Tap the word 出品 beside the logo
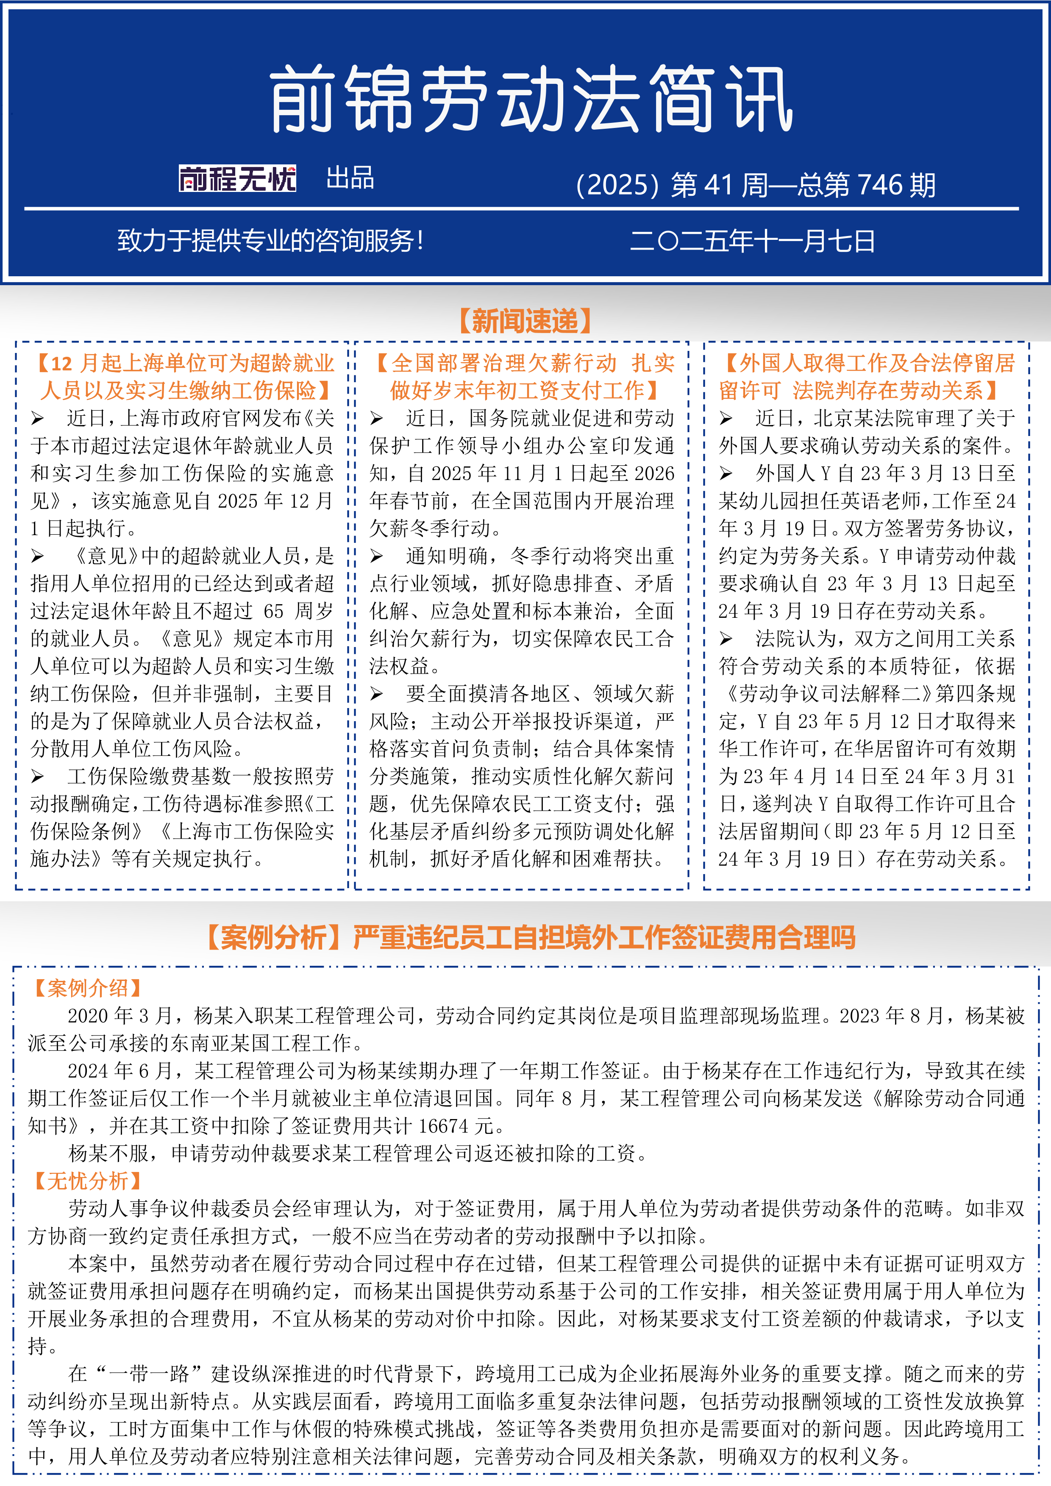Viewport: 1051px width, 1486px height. [x=350, y=178]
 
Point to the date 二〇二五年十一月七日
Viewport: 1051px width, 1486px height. [x=752, y=242]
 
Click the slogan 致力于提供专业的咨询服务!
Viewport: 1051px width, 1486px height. [x=270, y=242]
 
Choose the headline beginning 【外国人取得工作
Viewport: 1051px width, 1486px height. [x=867, y=377]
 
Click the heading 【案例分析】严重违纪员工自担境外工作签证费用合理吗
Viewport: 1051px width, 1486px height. [x=531, y=937]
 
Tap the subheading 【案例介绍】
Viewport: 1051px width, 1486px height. [x=87, y=988]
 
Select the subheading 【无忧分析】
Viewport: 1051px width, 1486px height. [x=87, y=1181]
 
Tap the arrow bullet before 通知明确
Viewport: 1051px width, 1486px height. [x=377, y=557]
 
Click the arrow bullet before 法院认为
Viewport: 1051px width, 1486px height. [x=726, y=639]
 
